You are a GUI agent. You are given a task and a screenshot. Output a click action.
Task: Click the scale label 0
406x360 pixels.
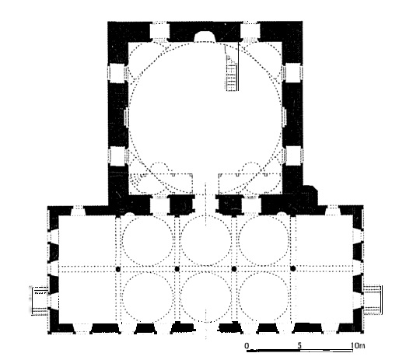(247, 345)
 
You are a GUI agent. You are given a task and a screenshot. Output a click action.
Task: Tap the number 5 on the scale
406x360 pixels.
(299, 345)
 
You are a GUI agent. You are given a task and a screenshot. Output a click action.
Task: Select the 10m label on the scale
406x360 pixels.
(358, 345)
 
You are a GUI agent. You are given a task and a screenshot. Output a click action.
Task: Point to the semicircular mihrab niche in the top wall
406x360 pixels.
(205, 37)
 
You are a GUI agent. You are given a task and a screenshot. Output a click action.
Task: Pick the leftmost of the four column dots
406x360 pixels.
(118, 269)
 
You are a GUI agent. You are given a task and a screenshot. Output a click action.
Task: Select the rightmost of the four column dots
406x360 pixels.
(293, 269)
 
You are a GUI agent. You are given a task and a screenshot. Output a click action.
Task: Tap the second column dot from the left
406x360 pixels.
(177, 269)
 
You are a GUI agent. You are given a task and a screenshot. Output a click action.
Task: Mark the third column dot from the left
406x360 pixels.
(234, 269)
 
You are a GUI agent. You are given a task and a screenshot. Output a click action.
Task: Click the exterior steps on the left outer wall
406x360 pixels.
(40, 300)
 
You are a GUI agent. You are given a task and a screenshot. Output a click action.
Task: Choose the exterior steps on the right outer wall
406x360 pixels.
(373, 299)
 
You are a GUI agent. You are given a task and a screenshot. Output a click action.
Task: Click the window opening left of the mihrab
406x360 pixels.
(159, 32)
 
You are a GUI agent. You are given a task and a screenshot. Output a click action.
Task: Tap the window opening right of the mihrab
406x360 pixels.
(250, 32)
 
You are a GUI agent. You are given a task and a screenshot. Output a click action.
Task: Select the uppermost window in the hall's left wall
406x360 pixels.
(117, 73)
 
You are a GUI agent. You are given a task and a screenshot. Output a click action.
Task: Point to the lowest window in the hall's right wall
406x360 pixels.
(292, 156)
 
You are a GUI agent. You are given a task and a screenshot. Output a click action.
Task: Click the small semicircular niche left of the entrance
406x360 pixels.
(129, 214)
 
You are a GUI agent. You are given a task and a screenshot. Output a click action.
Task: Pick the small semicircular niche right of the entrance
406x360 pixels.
(282, 214)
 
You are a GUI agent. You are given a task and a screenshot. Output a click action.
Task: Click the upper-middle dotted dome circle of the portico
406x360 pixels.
(205, 240)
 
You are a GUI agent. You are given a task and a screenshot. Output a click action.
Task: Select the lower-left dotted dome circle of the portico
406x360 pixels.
(148, 297)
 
